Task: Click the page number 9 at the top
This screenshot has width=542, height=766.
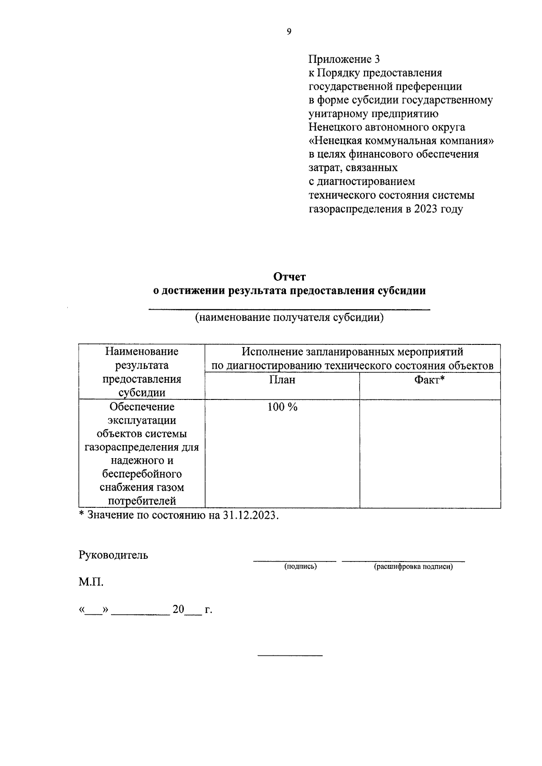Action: pos(289,32)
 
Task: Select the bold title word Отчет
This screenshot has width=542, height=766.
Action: pos(289,277)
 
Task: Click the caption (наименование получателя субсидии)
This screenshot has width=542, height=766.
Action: pos(289,317)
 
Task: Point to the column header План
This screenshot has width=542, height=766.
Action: pos(282,380)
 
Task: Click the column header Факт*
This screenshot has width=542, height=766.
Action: pos(430,380)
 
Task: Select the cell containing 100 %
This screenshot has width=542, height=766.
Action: pos(282,407)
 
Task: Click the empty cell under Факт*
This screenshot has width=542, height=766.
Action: pos(430,454)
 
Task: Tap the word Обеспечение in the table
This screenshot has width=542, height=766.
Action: pos(142,407)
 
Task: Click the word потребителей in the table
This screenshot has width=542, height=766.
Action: pos(142,501)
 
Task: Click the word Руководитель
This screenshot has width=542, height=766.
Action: pos(113,555)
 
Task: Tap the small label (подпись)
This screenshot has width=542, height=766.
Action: pos(300,566)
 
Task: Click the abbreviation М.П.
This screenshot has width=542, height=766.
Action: pos(91,583)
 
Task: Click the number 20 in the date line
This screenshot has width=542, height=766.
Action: pos(178,610)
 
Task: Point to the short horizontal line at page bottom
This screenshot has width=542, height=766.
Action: pos(290,655)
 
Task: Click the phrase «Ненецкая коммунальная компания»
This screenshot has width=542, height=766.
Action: pos(401,141)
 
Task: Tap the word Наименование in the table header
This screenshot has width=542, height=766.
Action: pos(142,351)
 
